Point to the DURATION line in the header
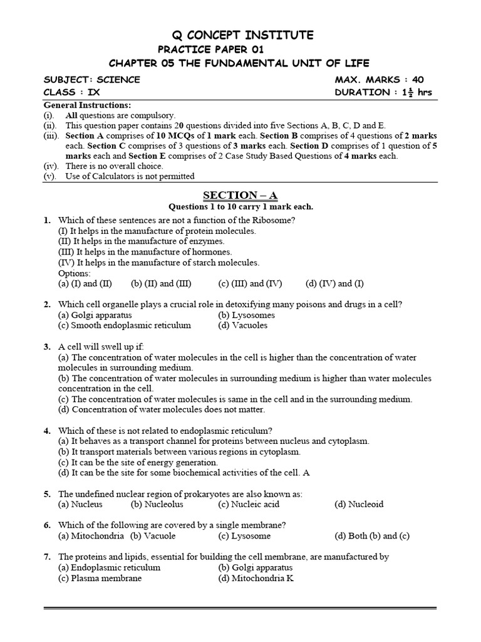click(x=383, y=92)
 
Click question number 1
click(x=47, y=220)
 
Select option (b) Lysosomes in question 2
click(x=247, y=315)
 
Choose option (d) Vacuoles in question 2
click(x=242, y=325)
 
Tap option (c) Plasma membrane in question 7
click(x=100, y=578)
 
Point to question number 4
click(x=47, y=431)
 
